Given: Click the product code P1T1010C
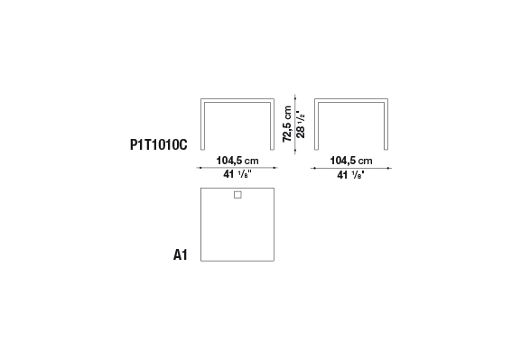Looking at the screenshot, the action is tap(159, 144).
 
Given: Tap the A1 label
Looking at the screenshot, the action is tap(181, 255).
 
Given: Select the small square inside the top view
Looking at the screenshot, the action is tap(237, 195).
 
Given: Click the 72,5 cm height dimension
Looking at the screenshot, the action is tap(287, 124).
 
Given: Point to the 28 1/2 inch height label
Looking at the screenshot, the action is tap(301, 125).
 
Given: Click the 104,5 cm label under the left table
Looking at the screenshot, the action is tap(237, 161).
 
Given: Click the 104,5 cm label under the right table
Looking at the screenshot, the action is tap(351, 161).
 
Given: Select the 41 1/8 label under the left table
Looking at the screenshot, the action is tap(237, 174).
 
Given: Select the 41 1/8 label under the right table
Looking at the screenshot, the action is tap(351, 174).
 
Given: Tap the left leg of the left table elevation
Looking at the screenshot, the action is tap(202, 125).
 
